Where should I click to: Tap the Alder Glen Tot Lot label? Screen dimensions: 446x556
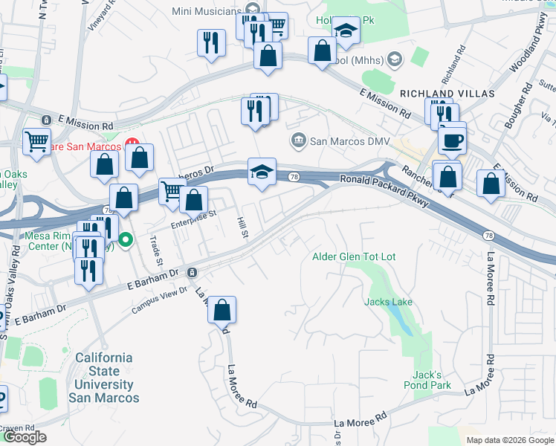click(x=353, y=256)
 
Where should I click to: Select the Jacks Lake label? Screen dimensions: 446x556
click(x=388, y=302)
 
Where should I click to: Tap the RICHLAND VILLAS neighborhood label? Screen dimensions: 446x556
click(x=447, y=94)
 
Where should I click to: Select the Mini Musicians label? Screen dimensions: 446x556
click(x=208, y=10)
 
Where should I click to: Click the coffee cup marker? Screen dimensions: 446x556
click(x=452, y=139)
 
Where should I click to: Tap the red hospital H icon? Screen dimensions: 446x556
click(x=132, y=143)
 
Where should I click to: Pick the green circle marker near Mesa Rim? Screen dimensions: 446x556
click(x=126, y=239)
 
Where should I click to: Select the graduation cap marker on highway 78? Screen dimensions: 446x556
click(x=262, y=171)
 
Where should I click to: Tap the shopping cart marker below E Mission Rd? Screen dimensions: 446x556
click(x=36, y=140)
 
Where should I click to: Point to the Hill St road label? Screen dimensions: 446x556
click(x=242, y=227)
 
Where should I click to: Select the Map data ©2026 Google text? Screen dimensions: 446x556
click(x=509, y=440)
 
